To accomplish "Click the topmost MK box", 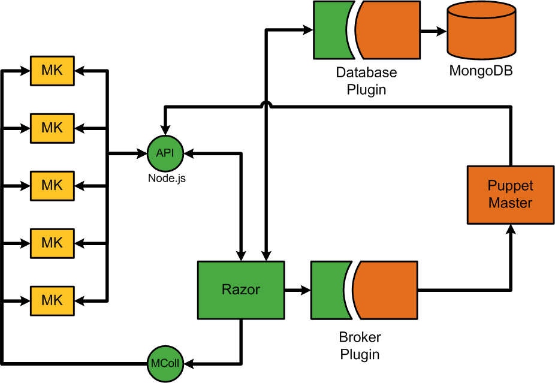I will pos(52,70).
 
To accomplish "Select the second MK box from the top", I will pos(52,127).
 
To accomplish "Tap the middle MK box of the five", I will pos(52,185).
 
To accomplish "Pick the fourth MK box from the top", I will pos(52,242).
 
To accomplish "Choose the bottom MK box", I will pos(52,299).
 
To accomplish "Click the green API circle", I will pos(165,153).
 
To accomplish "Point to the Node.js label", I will pos(167,178).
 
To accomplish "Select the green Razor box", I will pos(241,290).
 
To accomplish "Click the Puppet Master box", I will pos(510,195).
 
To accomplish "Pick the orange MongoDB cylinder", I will pos(481,32).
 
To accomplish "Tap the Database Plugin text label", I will pos(366,81).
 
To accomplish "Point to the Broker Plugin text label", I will pos(360,345).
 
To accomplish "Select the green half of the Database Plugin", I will pos(328,30).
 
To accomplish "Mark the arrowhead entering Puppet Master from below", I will pos(510,231).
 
